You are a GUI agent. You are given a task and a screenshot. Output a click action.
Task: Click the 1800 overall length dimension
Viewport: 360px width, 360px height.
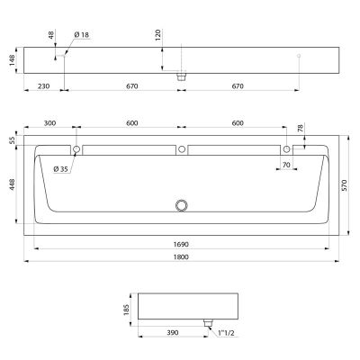click(x=181, y=257)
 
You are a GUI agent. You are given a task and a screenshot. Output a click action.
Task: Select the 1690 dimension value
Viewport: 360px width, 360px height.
click(x=181, y=245)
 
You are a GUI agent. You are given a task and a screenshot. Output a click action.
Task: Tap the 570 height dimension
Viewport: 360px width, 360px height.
click(x=344, y=185)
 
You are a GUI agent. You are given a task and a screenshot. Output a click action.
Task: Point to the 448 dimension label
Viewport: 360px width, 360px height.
click(x=12, y=184)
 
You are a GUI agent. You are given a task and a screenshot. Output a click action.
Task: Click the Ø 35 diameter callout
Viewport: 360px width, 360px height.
click(x=61, y=169)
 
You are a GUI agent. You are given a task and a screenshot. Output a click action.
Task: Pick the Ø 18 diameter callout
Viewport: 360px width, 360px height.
click(x=82, y=35)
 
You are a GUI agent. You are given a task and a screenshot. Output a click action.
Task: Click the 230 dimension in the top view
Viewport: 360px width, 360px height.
click(x=43, y=86)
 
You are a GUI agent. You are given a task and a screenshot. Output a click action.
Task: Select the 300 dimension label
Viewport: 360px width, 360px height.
click(x=49, y=123)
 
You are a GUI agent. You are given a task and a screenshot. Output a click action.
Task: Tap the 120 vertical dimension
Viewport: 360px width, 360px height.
click(x=158, y=35)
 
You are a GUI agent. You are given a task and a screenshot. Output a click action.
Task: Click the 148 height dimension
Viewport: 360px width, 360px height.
click(x=12, y=60)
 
